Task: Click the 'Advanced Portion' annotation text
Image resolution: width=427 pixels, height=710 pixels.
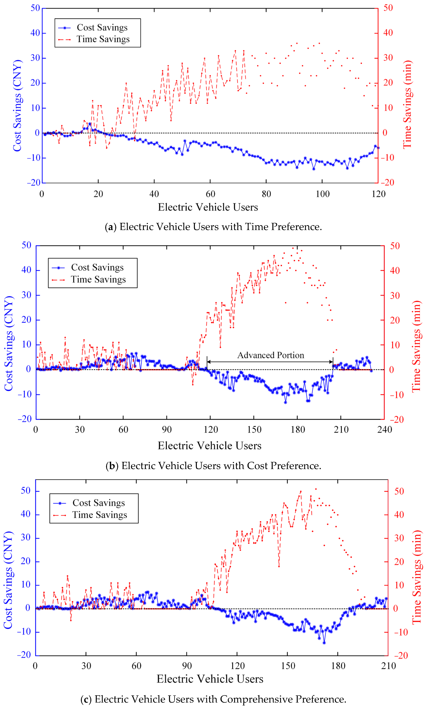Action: pos(270,355)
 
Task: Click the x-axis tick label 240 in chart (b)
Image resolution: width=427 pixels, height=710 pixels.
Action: pos(385,430)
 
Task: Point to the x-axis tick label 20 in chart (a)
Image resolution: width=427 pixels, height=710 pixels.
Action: pos(98,194)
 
